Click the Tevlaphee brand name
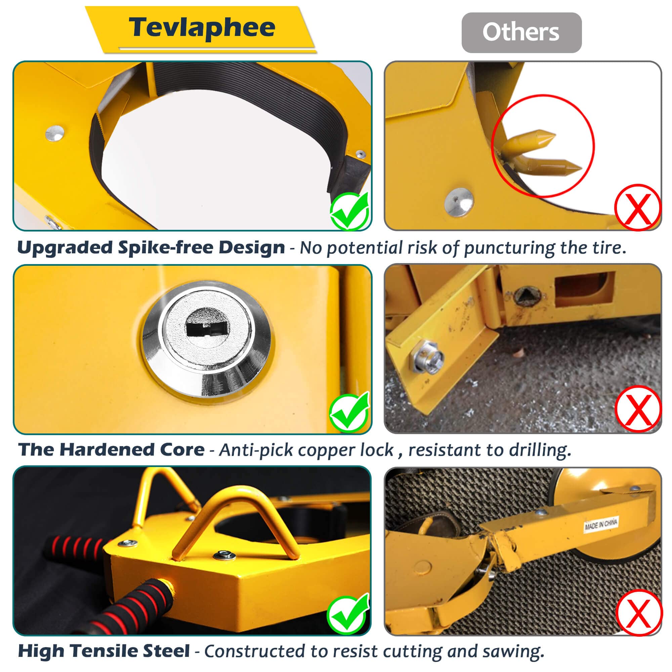202,28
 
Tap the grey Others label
521,33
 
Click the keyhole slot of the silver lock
207,328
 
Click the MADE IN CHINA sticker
601,524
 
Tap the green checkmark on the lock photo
349,413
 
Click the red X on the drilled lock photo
638,410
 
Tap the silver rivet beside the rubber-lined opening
55,133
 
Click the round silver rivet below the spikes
459,202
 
